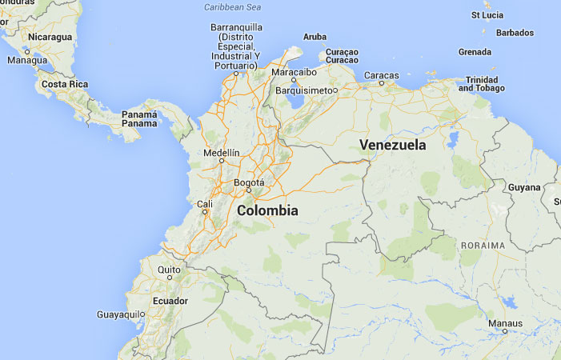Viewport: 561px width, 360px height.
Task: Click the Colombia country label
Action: [x=267, y=211]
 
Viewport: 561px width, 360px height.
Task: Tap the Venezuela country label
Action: [x=392, y=146]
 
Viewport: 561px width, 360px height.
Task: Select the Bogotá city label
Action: [x=248, y=182]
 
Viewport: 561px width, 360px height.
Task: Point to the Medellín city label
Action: [x=222, y=152]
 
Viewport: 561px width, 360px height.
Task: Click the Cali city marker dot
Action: [x=205, y=212]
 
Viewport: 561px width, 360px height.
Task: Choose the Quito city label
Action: [x=170, y=270]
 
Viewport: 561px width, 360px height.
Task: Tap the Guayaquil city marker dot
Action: [x=142, y=314]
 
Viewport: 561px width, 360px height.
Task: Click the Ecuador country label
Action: [x=170, y=301]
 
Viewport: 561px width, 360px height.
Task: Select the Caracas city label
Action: [x=382, y=75]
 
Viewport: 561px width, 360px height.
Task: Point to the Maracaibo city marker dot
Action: [x=294, y=80]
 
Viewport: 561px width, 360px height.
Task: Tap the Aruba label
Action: [x=315, y=37]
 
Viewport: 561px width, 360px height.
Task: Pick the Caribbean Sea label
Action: [x=233, y=7]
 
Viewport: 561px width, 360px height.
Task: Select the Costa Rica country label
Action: [x=64, y=84]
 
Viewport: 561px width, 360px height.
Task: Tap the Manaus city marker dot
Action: [x=505, y=331]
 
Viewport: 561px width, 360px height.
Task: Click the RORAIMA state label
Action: [x=483, y=245]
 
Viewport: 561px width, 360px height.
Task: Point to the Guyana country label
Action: [x=524, y=187]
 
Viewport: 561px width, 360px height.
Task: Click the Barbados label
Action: [x=515, y=33]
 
